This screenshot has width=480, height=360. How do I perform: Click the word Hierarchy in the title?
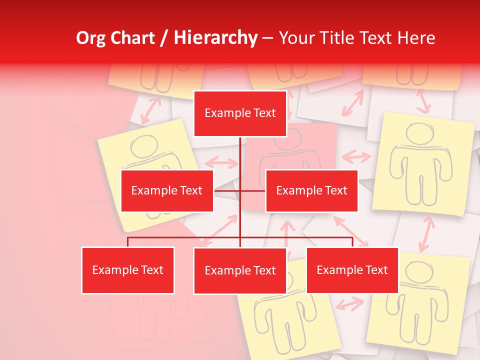point(215,38)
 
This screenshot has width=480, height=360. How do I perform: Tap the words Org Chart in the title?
point(116,38)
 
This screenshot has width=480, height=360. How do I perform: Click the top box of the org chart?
point(240,113)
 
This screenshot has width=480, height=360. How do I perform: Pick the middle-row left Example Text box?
point(167,190)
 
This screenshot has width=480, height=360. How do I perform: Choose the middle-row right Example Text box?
point(311,190)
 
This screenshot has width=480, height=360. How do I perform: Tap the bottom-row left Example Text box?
point(127,270)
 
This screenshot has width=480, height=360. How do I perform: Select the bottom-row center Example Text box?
point(240,270)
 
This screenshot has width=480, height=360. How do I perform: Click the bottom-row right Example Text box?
point(352,270)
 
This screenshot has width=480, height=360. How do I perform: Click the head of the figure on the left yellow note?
point(144,146)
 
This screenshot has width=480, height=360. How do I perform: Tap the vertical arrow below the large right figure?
point(426,234)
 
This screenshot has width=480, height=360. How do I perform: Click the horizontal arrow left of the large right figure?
point(356,157)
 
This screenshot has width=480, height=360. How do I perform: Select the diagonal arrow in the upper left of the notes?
point(150,110)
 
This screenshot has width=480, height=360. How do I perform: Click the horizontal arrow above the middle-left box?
point(221,162)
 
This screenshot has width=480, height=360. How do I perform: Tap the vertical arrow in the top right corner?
point(423,101)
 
